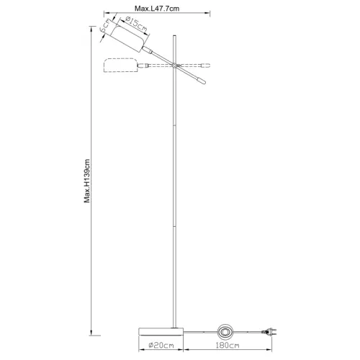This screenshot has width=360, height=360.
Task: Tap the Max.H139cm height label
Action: [x=86, y=181]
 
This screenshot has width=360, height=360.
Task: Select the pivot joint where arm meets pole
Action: [x=174, y=66]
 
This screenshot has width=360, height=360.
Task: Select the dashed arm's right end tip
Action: [x=208, y=63]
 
